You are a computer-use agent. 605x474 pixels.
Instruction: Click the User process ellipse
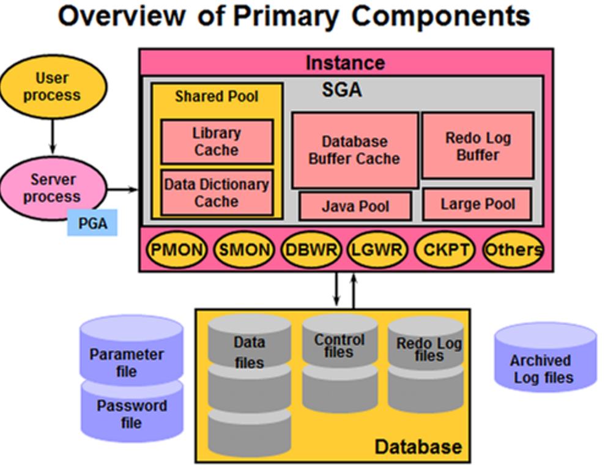53,87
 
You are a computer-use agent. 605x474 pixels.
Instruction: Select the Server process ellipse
53,189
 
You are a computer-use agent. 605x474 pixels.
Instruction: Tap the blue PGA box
92,223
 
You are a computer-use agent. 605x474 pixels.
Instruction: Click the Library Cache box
217,141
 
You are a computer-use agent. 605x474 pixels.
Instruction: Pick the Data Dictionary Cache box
217,193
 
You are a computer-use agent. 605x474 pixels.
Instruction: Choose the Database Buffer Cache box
355,150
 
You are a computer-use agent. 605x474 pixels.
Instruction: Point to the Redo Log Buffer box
478,146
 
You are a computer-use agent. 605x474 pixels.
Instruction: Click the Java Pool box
355,206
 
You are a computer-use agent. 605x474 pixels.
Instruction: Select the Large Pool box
477,204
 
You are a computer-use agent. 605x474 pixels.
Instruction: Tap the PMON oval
177,250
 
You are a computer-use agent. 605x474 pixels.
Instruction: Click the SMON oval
244,250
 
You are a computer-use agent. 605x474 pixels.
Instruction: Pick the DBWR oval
311,250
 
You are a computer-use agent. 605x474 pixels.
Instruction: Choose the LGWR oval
377,250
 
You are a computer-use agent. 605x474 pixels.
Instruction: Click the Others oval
513,250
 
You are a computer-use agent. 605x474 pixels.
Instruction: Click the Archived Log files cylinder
546,358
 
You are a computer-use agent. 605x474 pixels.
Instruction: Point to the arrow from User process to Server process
53,136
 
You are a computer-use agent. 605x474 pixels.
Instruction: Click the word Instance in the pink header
346,63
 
